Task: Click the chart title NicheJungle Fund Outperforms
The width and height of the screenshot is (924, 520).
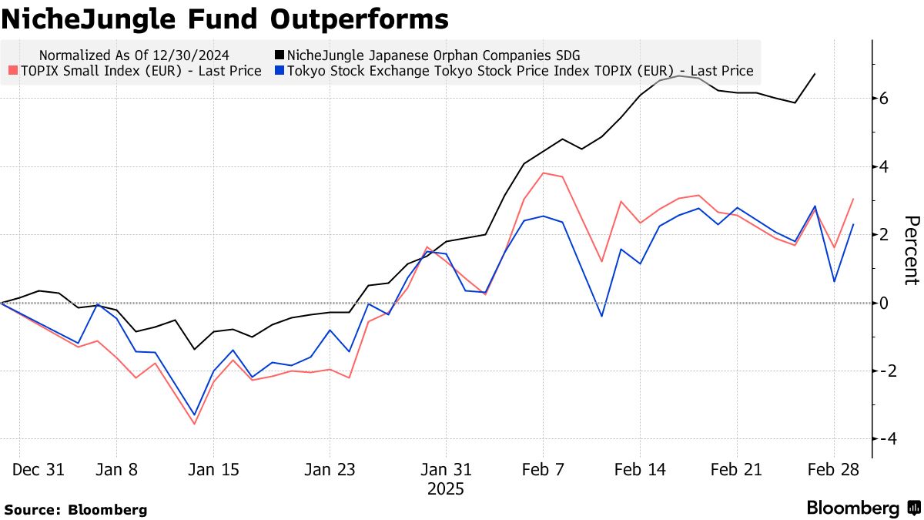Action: coord(225,18)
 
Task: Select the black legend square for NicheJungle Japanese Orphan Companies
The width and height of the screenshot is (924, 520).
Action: coord(280,55)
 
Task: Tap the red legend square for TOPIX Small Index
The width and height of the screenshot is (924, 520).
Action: coord(12,71)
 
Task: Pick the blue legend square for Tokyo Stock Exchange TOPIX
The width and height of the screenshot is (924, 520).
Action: coord(280,71)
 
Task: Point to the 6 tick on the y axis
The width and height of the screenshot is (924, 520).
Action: coord(885,99)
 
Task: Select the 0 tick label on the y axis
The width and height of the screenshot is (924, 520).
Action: coord(885,303)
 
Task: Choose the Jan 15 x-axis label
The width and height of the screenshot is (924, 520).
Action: coord(214,469)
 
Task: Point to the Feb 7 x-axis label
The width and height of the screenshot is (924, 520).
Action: coord(543,469)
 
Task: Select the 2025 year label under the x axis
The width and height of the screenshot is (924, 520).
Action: coord(446,488)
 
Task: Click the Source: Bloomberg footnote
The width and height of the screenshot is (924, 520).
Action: coord(75,509)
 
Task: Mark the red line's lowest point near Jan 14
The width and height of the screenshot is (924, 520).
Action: coord(194,424)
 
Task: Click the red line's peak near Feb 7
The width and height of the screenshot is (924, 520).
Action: coord(544,173)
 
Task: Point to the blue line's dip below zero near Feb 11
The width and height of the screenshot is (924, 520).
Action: coord(601,316)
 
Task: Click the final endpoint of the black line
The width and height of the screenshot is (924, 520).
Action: coord(815,74)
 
